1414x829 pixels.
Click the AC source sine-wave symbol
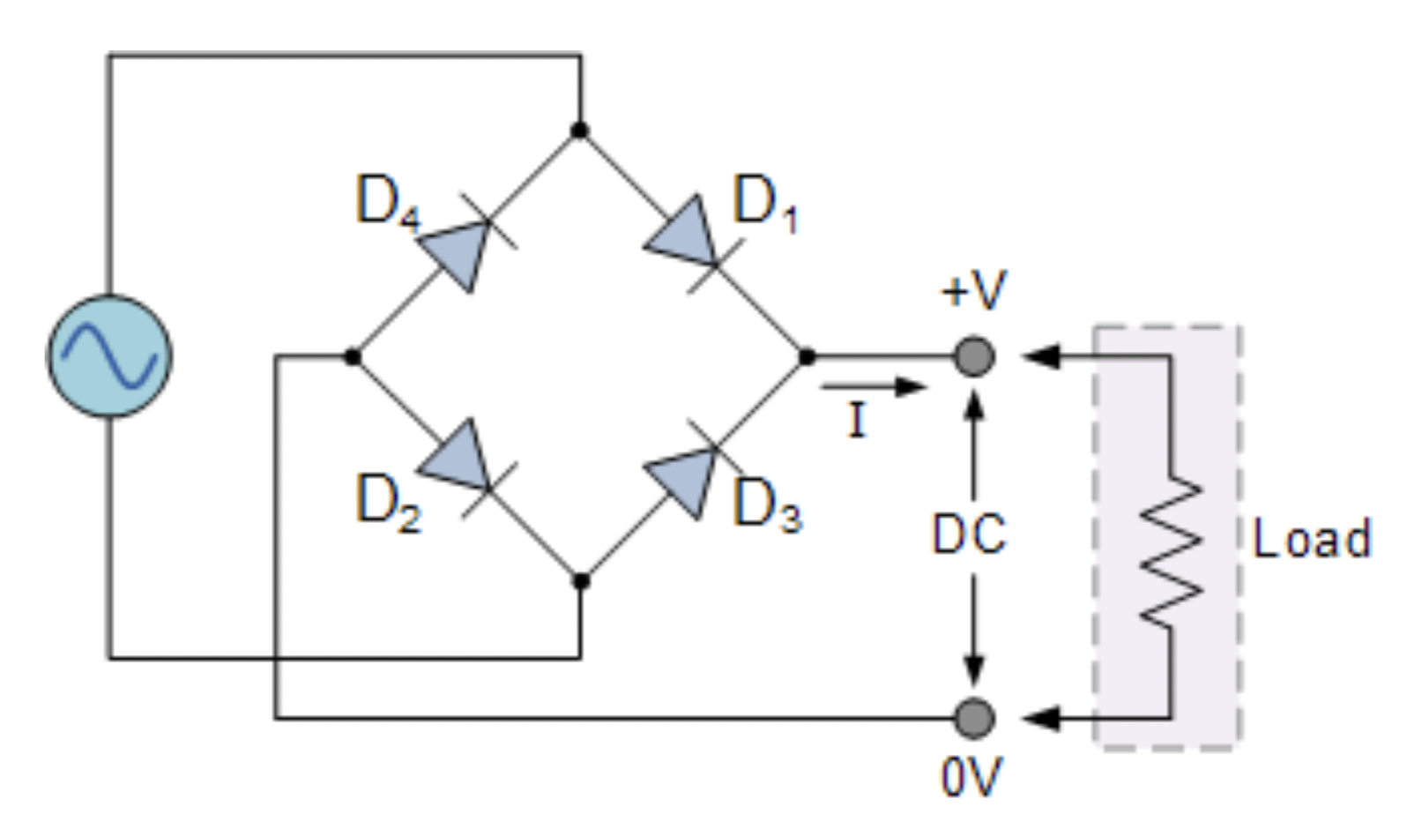coord(109,356)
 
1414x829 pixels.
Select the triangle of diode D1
coord(686,235)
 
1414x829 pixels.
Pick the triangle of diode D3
coord(686,480)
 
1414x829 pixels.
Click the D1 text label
coord(766,204)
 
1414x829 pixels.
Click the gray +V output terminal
coord(975,356)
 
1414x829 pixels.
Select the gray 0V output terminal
coord(975,718)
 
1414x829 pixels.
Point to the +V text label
coord(973,290)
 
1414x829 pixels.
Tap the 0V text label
coord(971,778)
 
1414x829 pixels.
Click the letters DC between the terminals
coord(969,534)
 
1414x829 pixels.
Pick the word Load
coord(1312,539)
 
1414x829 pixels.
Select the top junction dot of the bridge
coord(579,131)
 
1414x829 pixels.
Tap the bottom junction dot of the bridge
coord(581,581)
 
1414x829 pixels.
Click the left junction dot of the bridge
coord(353,357)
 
